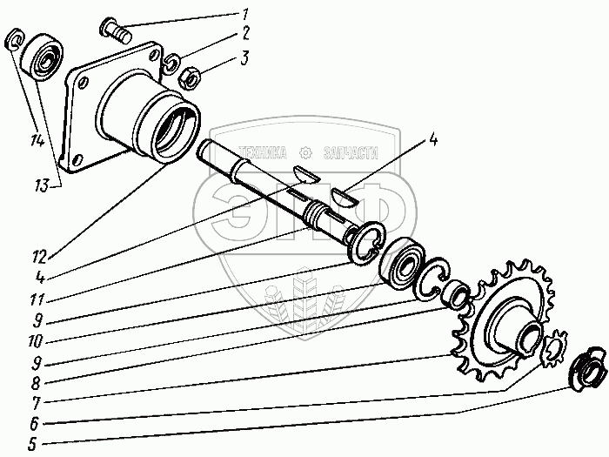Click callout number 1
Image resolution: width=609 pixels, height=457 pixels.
[244, 13]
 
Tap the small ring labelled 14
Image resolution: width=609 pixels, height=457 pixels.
[15, 39]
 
